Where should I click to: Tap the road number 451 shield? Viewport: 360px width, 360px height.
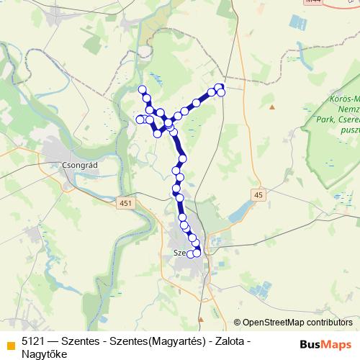(127, 204)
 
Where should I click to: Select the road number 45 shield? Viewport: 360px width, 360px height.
(258, 194)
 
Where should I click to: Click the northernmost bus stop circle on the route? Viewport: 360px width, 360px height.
(142, 89)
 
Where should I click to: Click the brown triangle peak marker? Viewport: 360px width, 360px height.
(272, 107)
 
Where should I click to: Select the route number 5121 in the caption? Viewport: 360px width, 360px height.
(35, 339)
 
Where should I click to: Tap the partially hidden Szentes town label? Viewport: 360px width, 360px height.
(181, 253)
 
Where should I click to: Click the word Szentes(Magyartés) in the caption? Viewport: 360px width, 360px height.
(152, 339)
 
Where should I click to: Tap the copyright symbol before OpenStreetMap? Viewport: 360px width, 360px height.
(238, 323)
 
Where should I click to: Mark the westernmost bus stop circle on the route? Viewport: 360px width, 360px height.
(140, 119)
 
